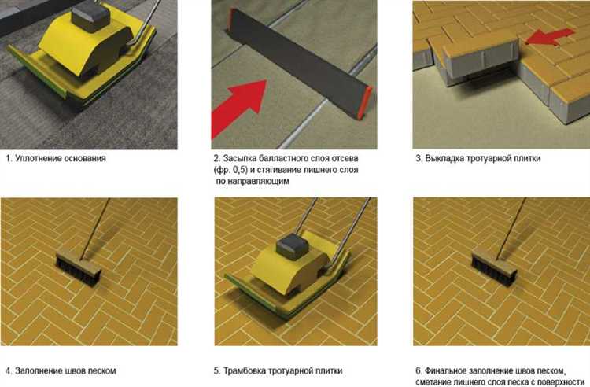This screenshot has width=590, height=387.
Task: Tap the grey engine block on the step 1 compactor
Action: click(x=90, y=17)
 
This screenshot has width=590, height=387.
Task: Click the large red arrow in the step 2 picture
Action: click(x=238, y=108)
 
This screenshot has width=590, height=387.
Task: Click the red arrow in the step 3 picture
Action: click(x=550, y=36)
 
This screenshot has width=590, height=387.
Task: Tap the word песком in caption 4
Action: click(x=102, y=370)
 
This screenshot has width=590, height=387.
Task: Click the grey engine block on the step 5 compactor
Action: click(x=293, y=245)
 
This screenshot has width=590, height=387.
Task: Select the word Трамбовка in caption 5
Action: click(x=245, y=370)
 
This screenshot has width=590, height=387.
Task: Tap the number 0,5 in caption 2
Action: click(x=240, y=170)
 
